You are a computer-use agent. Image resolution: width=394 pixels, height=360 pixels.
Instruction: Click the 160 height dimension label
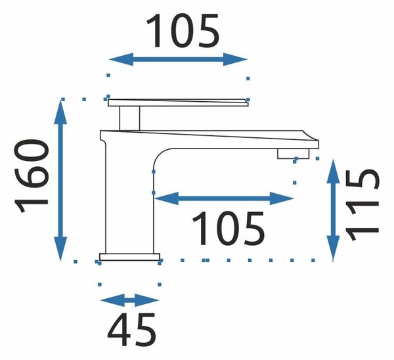31,176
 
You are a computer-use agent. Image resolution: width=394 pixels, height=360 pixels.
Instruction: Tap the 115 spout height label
362,205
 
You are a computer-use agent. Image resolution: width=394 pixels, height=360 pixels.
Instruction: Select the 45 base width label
132,330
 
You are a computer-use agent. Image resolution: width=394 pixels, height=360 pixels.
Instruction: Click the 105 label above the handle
183,31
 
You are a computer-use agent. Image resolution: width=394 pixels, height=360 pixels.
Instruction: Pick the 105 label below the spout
228,228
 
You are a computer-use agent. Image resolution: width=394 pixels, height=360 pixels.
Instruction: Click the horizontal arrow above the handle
178,60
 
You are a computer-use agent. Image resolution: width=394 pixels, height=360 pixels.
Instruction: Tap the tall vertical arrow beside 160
60,180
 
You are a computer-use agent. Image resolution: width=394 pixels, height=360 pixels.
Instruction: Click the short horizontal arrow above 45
129,300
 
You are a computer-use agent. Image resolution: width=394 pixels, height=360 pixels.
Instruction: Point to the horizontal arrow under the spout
224,198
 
